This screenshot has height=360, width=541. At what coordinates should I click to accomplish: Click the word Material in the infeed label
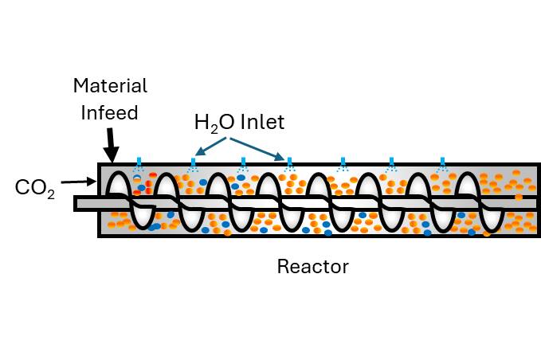[x=110, y=86]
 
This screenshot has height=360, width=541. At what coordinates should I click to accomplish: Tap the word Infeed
[x=110, y=112]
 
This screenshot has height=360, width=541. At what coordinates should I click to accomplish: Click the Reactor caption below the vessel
[x=312, y=266]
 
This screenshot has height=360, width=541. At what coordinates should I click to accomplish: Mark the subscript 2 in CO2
[x=51, y=194]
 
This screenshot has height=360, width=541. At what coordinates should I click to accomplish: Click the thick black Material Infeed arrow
[x=112, y=145]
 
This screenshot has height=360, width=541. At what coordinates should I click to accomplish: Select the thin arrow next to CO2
[x=78, y=182]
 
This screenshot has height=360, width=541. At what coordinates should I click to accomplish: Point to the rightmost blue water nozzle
[x=441, y=164]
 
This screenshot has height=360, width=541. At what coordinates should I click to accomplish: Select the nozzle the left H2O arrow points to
[x=193, y=164]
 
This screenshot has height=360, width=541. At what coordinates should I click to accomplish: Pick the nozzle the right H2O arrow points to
[x=289, y=164]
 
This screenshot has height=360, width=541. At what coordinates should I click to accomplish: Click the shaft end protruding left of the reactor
[x=86, y=204]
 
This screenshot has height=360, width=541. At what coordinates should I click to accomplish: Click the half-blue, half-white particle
[x=137, y=180]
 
